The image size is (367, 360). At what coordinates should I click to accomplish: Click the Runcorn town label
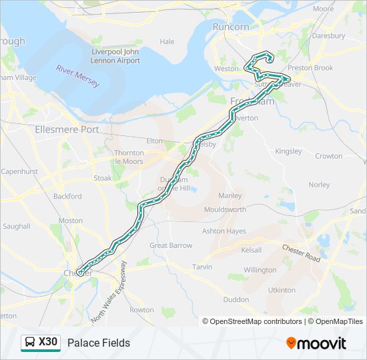(x=231, y=27)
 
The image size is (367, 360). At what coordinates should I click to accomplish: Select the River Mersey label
(x=77, y=76)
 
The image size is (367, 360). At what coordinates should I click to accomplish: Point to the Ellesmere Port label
(x=66, y=129)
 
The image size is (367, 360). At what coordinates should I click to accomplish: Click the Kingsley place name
(x=288, y=151)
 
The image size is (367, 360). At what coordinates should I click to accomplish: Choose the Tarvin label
(x=202, y=267)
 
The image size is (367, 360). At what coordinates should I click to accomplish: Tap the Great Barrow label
(x=171, y=245)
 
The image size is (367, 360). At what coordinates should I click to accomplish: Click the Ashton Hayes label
(x=224, y=231)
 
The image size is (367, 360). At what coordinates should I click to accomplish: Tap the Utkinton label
(x=281, y=290)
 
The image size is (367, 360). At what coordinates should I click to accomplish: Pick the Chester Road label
(x=302, y=252)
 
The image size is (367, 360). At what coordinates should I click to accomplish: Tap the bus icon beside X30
(x=30, y=343)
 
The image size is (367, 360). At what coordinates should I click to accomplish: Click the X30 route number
(x=48, y=342)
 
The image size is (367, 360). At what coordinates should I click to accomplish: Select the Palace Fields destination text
(x=99, y=343)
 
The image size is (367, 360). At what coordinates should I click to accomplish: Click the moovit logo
(x=316, y=343)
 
